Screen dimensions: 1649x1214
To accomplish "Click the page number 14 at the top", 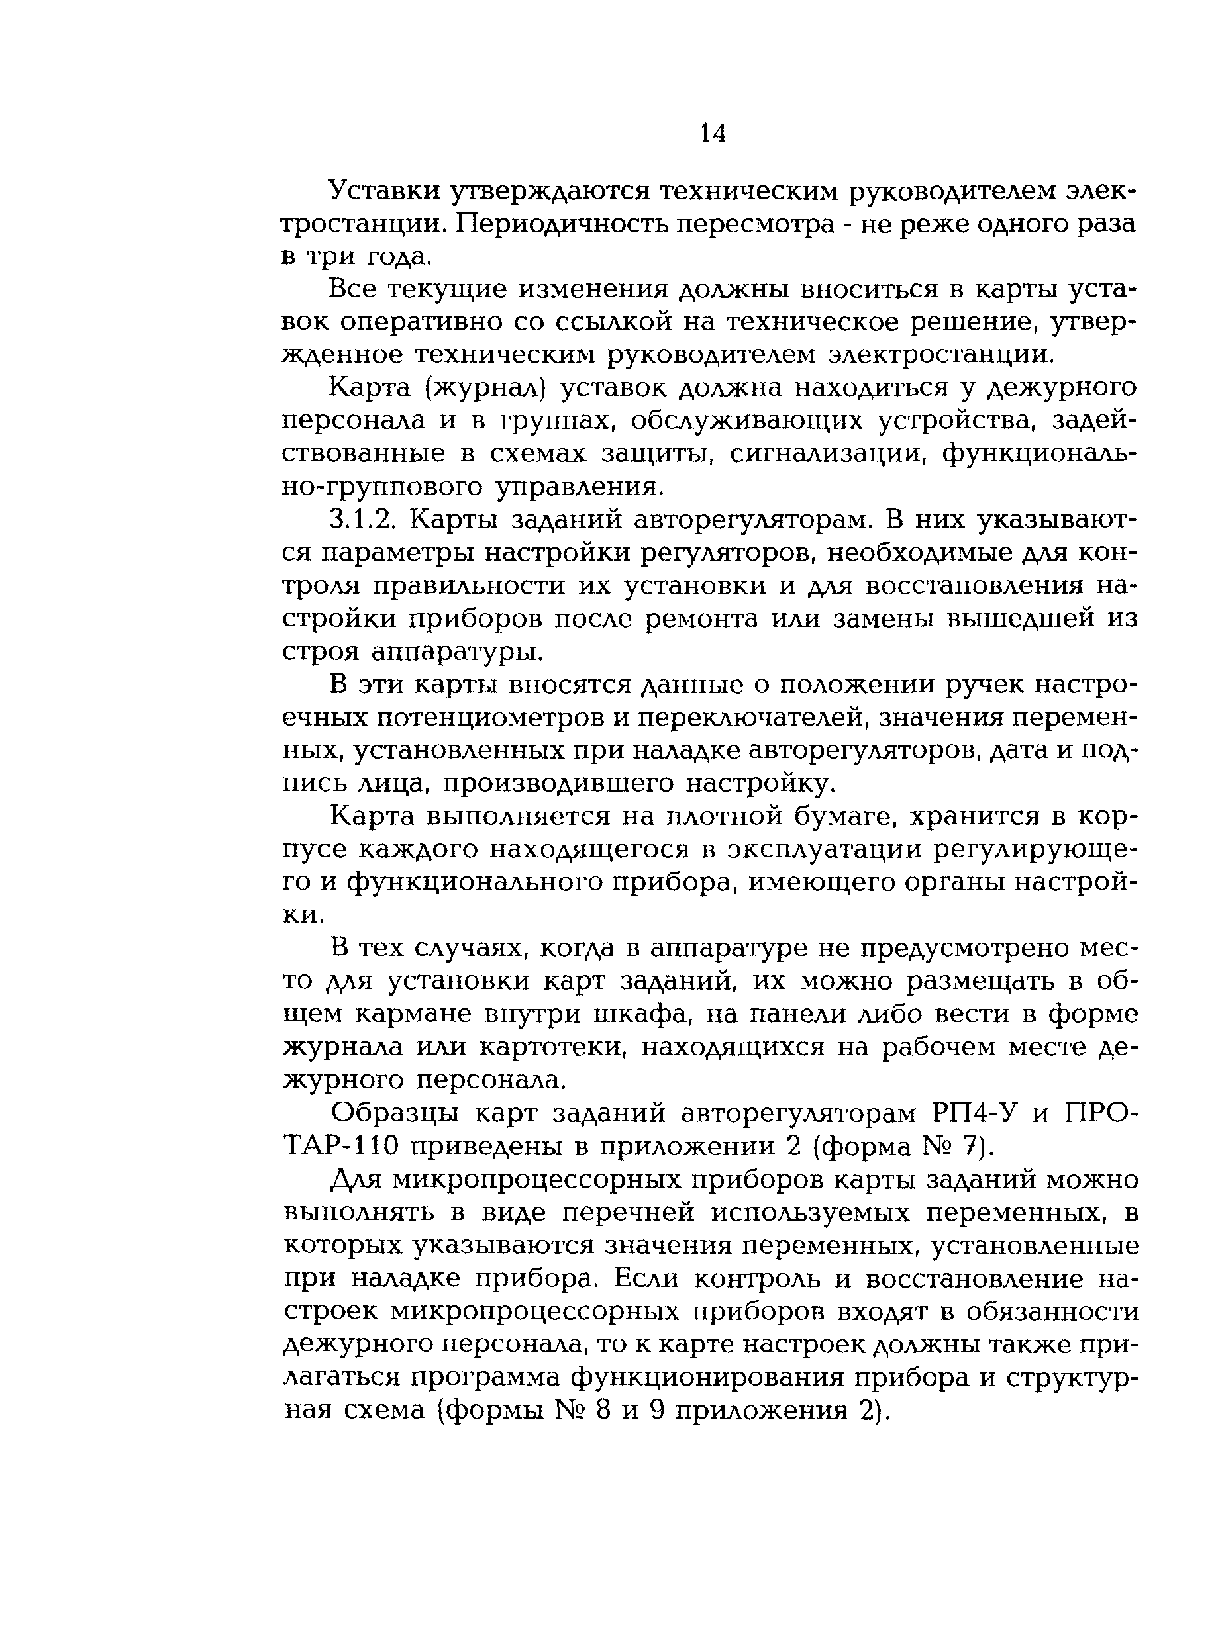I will pyautogui.click(x=713, y=133).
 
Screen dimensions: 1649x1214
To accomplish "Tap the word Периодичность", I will pyautogui.click(x=564, y=223).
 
